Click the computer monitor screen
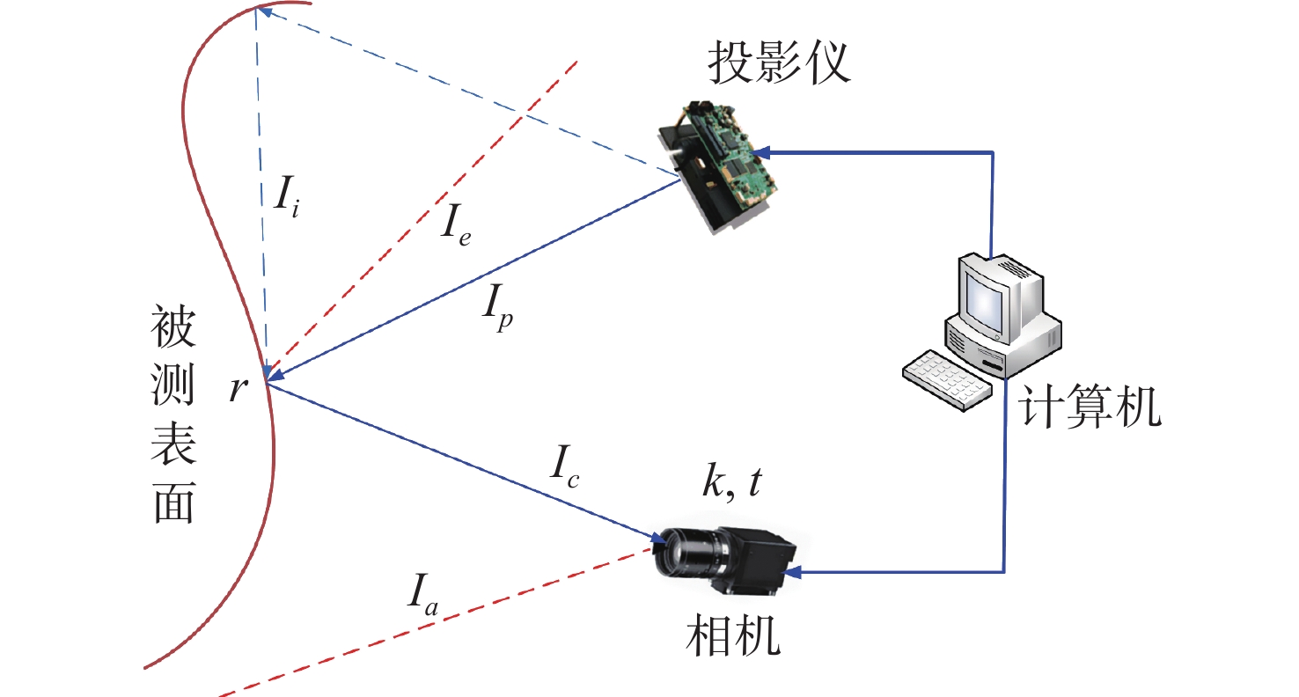983,299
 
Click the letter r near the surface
236,388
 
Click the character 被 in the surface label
173,329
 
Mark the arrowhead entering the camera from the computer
790,573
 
